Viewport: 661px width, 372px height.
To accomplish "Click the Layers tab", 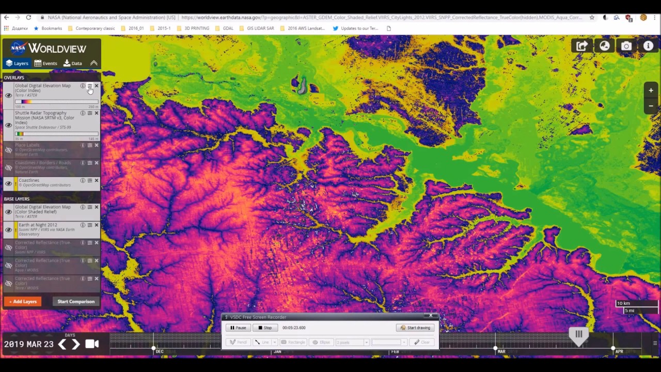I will click(17, 63).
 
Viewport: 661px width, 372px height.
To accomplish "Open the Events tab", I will click(45, 63).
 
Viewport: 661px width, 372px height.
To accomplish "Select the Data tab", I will click(72, 63).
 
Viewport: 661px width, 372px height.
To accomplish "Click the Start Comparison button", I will click(76, 301).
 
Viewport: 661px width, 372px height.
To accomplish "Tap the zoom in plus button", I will click(651, 90).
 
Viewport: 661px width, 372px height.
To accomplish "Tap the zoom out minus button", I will click(651, 105).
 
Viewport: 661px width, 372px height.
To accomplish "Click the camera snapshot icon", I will click(626, 46).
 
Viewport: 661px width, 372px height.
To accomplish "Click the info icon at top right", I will click(648, 46).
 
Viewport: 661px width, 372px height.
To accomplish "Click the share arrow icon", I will click(582, 46).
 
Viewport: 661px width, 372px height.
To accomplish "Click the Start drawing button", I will click(415, 328).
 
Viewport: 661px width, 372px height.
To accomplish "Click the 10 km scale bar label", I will click(624, 303).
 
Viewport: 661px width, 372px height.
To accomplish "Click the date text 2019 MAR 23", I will click(28, 344).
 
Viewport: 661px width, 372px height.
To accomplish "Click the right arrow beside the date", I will click(75, 344).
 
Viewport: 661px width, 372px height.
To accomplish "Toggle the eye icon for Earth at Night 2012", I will click(8, 229).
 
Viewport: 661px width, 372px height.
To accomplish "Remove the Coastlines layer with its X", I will click(97, 180).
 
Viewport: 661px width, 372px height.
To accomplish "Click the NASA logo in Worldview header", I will click(19, 48).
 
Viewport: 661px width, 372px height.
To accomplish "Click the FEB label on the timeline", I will click(395, 351).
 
